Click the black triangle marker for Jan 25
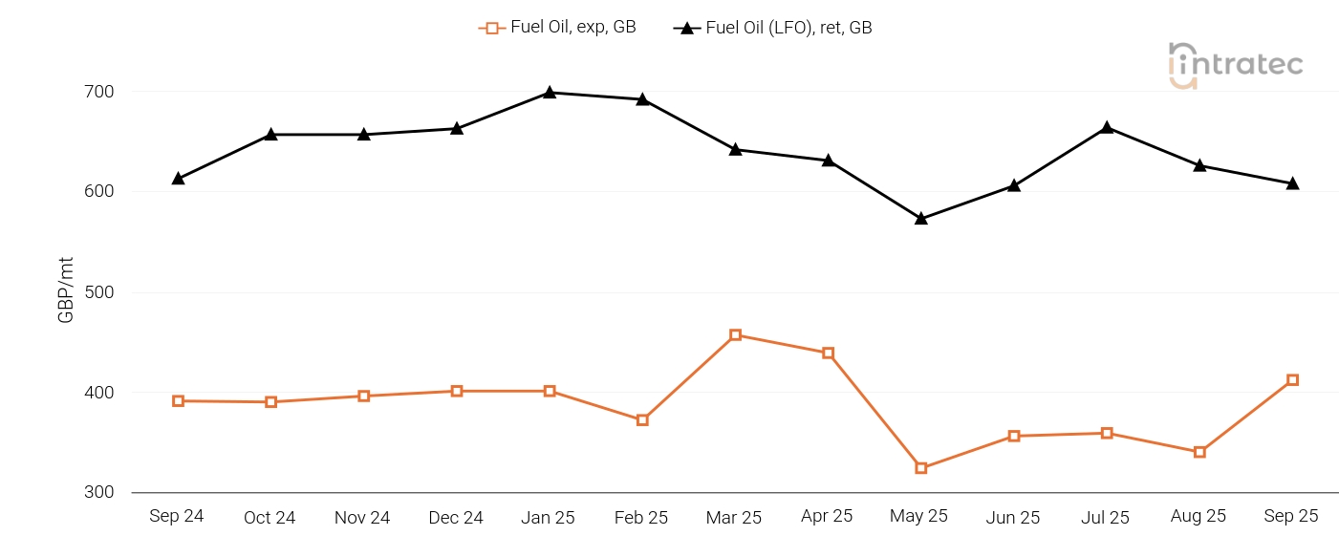click(x=550, y=93)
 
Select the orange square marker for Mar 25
click(x=735, y=335)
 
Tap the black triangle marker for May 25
click(x=921, y=219)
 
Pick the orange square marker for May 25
click(x=921, y=468)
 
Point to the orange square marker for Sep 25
click(x=1292, y=380)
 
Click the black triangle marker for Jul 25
click(x=1107, y=128)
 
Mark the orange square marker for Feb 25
click(x=642, y=419)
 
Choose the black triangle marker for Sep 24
click(x=178, y=179)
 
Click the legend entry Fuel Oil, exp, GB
click(x=557, y=28)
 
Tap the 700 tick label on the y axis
click(x=100, y=92)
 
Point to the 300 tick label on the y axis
click(x=100, y=493)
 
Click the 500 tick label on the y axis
click(x=100, y=292)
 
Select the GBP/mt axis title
click(x=66, y=292)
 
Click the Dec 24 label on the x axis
click(x=456, y=518)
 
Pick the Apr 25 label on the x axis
click(x=827, y=517)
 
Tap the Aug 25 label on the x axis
click(x=1199, y=517)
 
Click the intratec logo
click(x=1235, y=65)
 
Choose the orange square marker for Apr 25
click(x=828, y=354)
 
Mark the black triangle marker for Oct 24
click(x=271, y=135)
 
